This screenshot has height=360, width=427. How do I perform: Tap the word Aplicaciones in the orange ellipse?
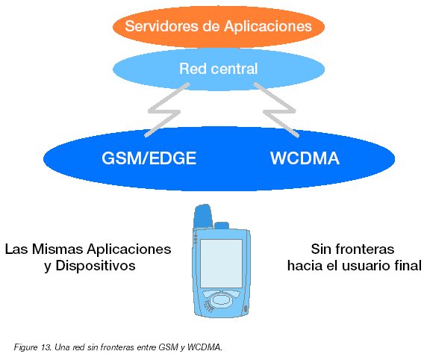[268, 27]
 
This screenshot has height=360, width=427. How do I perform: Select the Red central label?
[219, 69]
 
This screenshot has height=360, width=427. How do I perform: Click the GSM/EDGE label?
[149, 158]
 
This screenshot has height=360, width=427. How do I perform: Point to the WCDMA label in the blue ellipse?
[305, 158]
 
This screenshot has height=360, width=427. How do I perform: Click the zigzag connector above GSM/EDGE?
[164, 111]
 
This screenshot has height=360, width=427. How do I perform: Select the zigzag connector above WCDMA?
[279, 111]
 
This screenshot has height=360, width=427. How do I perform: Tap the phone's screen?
[222, 264]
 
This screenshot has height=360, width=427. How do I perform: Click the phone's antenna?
[203, 216]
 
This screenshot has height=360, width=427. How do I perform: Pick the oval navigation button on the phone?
[222, 300]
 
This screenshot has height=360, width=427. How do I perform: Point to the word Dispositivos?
[96, 266]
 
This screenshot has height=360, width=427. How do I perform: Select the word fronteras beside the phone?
[364, 249]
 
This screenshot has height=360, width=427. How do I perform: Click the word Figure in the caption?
[25, 347]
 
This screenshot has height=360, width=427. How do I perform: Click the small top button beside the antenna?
[222, 226]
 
